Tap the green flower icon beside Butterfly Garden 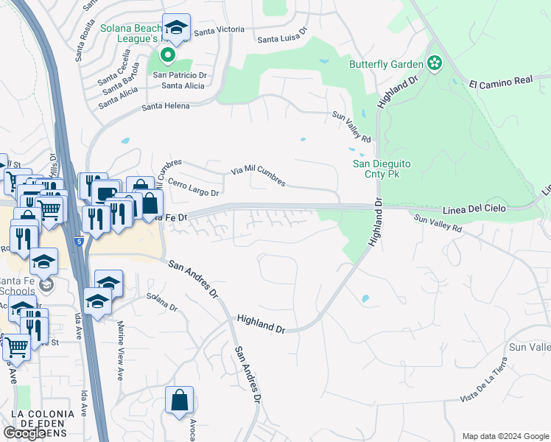coord(434,64)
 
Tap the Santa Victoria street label coord(219,30)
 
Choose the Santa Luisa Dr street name coord(281,40)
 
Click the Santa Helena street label coord(166,106)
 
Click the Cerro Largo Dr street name coord(194,188)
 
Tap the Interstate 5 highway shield coord(78,239)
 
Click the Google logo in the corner coord(24,433)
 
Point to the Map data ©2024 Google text coord(505,436)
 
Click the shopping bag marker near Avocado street coord(179,401)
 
